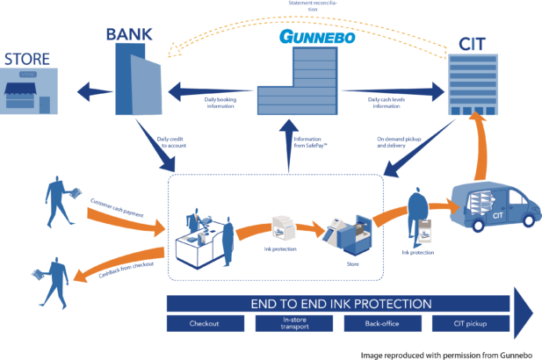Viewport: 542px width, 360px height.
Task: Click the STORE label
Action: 27,60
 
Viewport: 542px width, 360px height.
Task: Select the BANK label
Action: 129,34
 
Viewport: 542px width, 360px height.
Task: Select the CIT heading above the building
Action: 473,42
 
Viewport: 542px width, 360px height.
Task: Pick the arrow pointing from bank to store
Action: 91,90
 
